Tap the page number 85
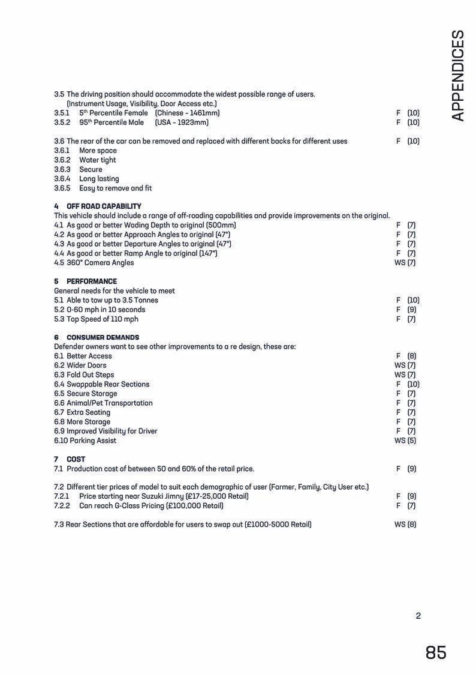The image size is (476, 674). [x=436, y=652]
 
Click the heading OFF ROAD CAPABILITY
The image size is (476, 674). [x=103, y=206]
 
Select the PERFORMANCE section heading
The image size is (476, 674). [x=91, y=281]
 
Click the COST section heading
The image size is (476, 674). [x=76, y=459]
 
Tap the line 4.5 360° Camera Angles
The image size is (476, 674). [x=94, y=263]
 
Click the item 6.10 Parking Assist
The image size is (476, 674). [x=85, y=441]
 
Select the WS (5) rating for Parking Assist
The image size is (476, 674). [x=405, y=441]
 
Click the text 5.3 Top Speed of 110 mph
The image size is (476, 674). [x=96, y=319]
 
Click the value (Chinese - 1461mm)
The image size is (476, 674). [x=187, y=113]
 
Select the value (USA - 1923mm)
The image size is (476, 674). [x=182, y=122]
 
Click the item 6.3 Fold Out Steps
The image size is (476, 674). [x=84, y=375]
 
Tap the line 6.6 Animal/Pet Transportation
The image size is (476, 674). [x=103, y=403]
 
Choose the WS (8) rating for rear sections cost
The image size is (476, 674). [x=405, y=525]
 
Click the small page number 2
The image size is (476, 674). [x=418, y=616]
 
